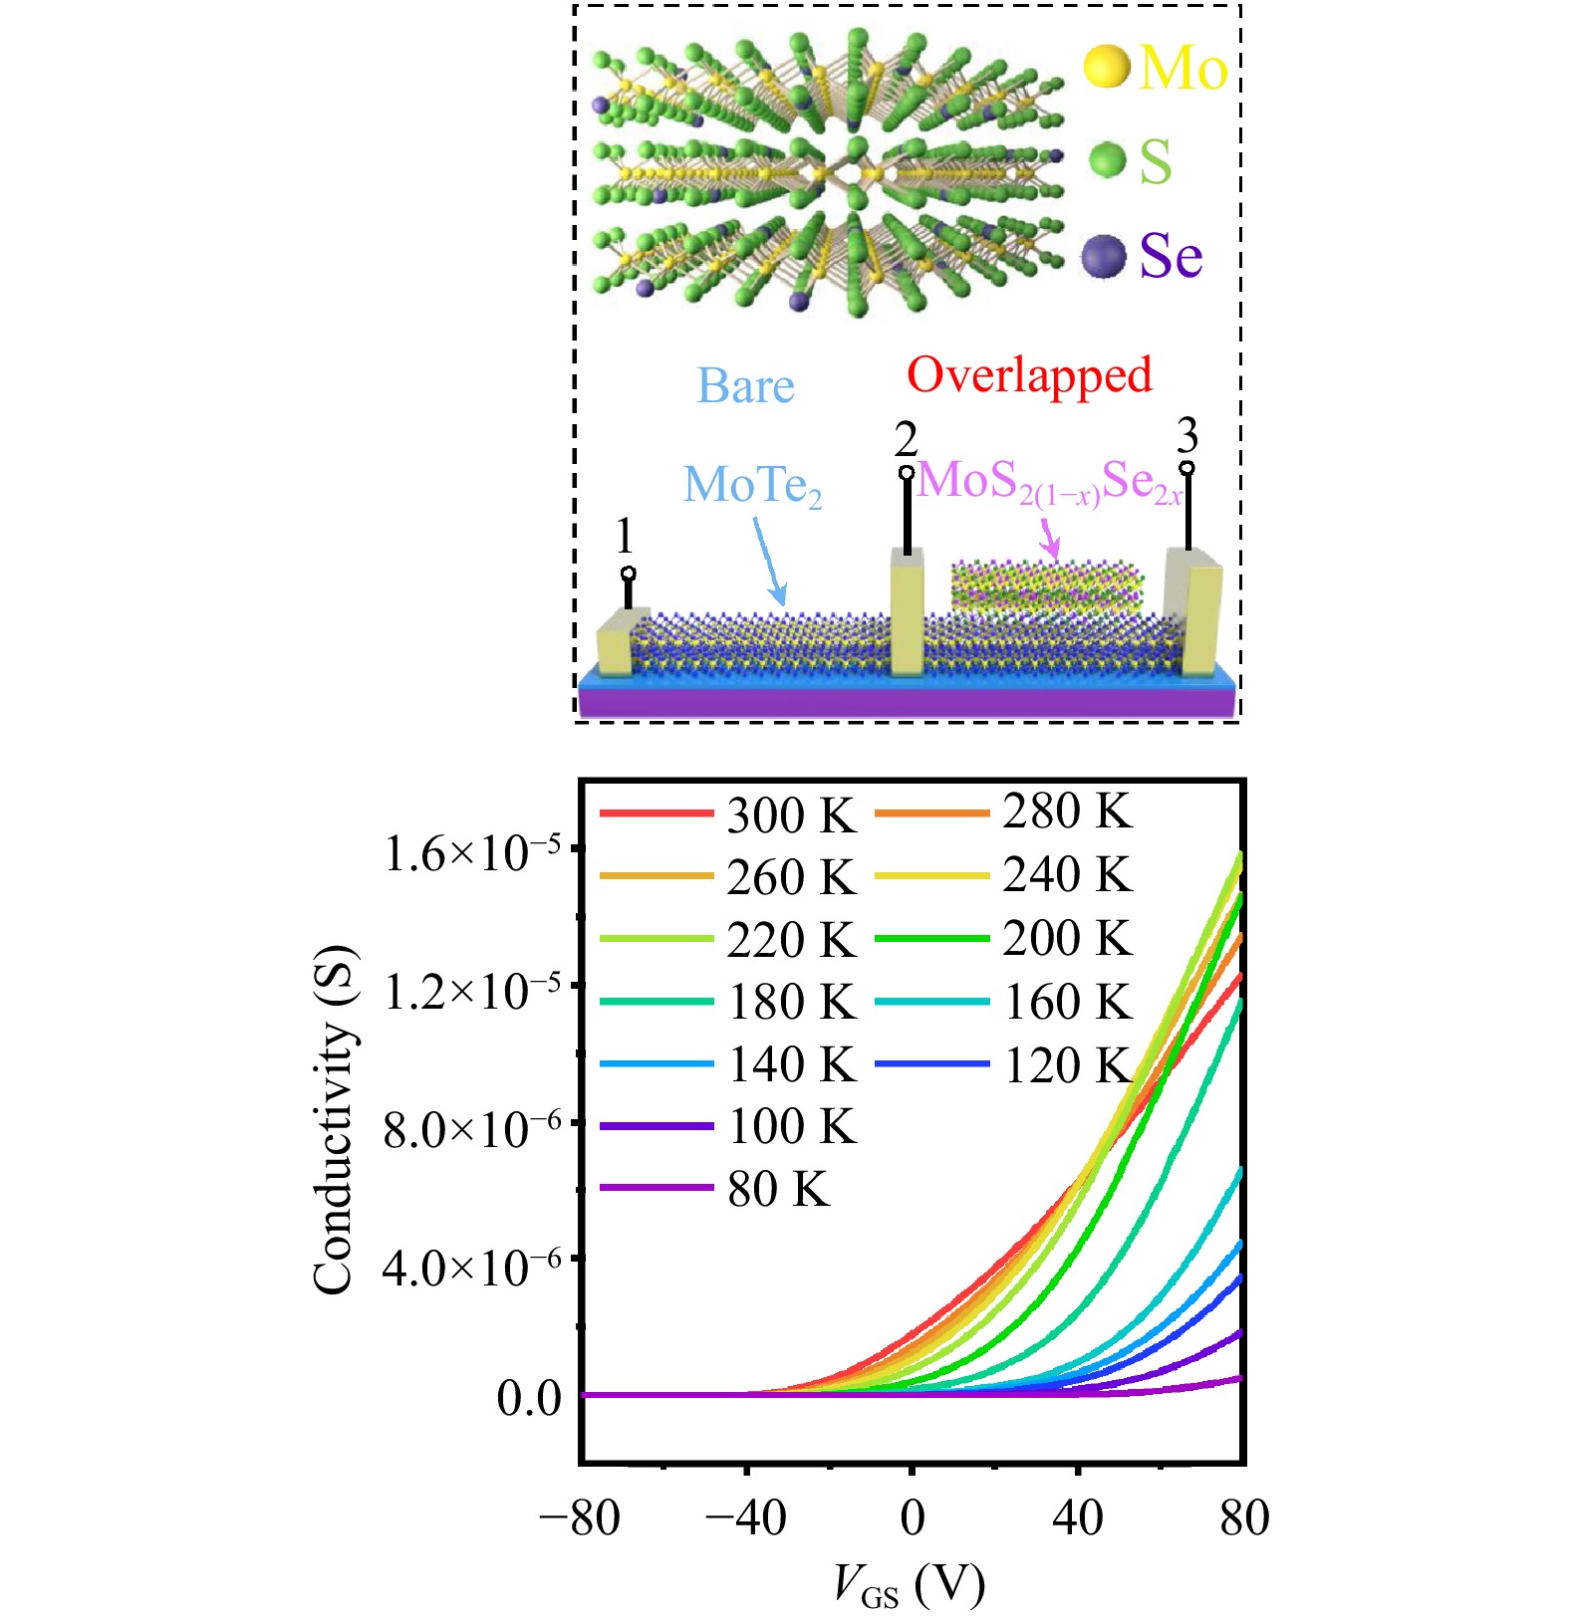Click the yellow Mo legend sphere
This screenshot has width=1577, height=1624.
click(1106, 66)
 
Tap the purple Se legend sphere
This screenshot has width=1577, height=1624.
click(1104, 257)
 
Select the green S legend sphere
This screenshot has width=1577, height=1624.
click(1107, 159)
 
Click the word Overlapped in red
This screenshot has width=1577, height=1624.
click(1029, 375)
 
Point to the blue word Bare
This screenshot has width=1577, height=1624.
click(745, 386)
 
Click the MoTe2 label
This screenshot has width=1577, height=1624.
click(752, 486)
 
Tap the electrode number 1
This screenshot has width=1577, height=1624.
click(625, 537)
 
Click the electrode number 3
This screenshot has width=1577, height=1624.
click(1186, 435)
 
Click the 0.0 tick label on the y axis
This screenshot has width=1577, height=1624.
click(529, 1399)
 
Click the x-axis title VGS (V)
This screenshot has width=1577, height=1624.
click(909, 1584)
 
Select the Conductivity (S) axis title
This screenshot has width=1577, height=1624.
click(335, 1119)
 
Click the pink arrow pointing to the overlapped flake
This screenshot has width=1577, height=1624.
click(1049, 543)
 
